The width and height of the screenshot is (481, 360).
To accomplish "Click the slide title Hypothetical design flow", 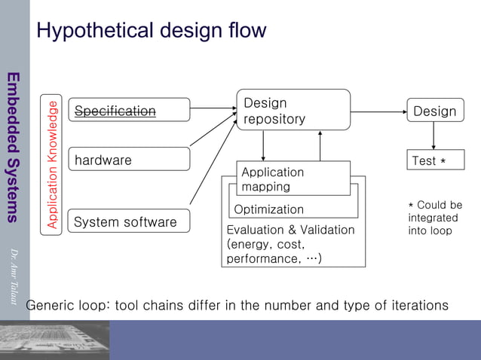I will (151, 31).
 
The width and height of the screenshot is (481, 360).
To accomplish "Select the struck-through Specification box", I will (129, 111).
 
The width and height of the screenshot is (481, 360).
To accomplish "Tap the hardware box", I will (129, 160).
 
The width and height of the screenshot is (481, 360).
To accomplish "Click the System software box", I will (129, 221).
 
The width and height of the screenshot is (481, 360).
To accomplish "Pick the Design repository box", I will (293, 110).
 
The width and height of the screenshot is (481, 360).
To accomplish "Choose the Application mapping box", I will (293, 178).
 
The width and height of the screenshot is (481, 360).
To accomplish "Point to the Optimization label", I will (269, 209).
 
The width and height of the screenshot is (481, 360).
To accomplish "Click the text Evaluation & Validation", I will (290, 230).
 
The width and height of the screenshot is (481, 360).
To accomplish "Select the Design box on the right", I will (435, 111).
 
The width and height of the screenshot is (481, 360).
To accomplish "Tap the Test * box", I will (435, 160).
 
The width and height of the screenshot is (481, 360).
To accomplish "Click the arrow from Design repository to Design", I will (378, 110).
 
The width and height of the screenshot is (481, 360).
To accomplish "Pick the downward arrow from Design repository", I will (263, 145).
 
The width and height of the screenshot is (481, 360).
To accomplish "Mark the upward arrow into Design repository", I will (320, 145).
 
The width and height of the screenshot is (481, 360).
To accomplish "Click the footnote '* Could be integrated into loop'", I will (435, 218).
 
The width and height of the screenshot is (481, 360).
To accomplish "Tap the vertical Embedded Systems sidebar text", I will (13, 147).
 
